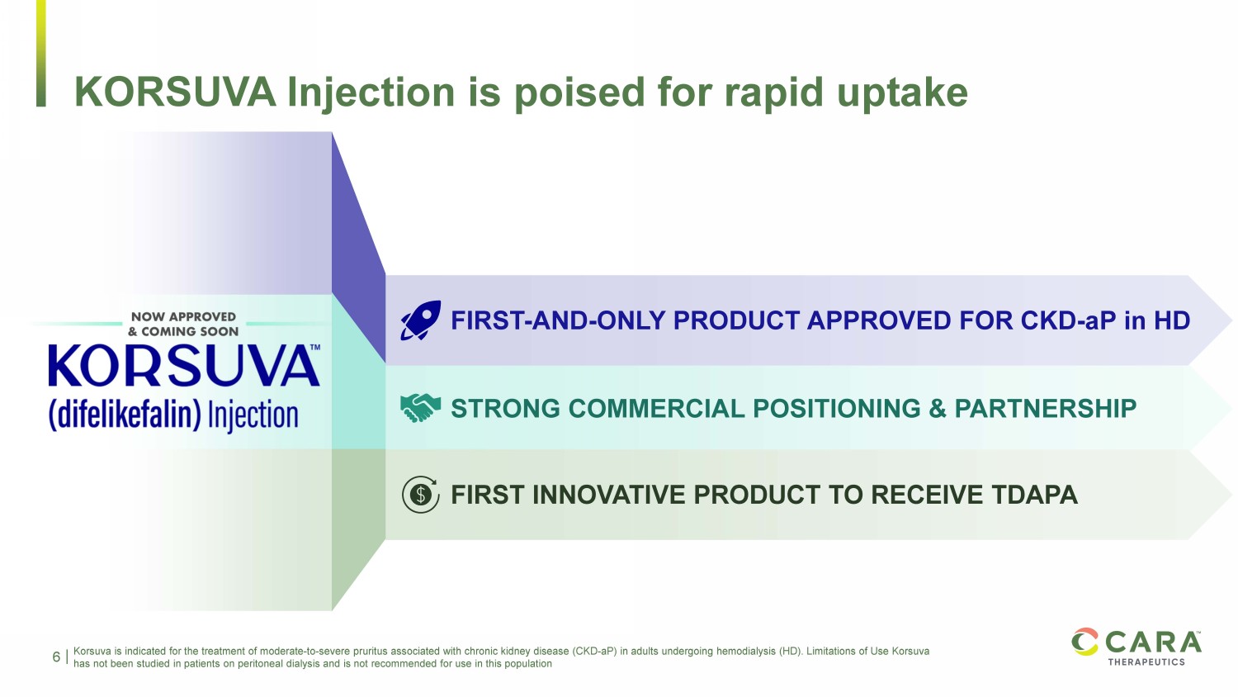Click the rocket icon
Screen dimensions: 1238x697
click(x=421, y=320)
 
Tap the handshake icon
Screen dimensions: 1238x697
click(x=421, y=408)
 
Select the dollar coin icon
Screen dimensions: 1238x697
click(x=421, y=494)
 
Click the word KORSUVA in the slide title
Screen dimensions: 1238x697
click(x=175, y=92)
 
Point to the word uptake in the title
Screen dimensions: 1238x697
click(x=902, y=94)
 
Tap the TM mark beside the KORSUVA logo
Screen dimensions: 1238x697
click(x=315, y=348)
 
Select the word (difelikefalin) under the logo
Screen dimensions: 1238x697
click(x=125, y=415)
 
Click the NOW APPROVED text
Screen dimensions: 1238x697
click(x=183, y=317)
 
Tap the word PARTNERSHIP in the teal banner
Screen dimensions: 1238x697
click(x=1045, y=409)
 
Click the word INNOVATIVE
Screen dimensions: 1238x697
click(x=608, y=495)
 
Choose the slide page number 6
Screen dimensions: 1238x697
click(x=56, y=657)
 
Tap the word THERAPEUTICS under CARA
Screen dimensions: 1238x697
click(x=1146, y=661)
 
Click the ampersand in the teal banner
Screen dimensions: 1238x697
click(x=938, y=409)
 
